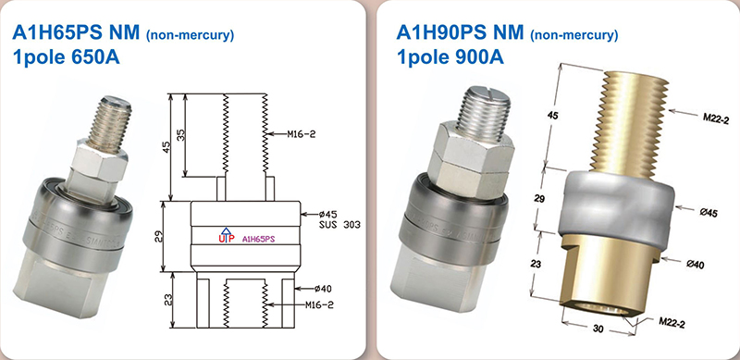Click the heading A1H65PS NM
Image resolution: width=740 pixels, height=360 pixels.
pyautogui.click(x=76, y=33)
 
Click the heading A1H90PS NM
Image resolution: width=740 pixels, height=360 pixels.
pyautogui.click(x=460, y=32)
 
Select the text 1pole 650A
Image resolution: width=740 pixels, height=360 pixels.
pyautogui.click(x=66, y=57)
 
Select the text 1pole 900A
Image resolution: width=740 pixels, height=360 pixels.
pyautogui.click(x=450, y=57)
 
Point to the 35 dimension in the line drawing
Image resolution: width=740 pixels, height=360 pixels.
pyautogui.click(x=180, y=135)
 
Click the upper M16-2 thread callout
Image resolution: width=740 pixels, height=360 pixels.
pyautogui.click(x=302, y=134)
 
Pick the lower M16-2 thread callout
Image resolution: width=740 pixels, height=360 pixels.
pyautogui.click(x=319, y=305)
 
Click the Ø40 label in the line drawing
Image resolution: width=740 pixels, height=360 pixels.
pyautogui.click(x=323, y=288)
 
